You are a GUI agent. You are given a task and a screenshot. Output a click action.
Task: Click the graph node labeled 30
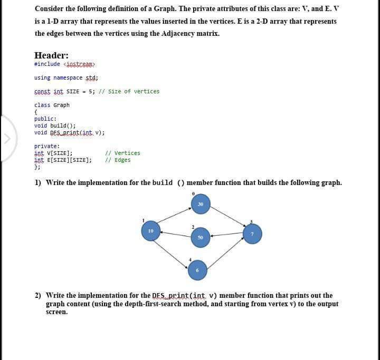pos(201,205)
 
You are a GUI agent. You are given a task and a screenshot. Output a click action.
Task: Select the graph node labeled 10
pos(151,231)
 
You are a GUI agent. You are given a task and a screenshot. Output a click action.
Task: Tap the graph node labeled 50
pos(201,238)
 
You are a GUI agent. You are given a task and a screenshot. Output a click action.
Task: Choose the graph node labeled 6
pos(198,270)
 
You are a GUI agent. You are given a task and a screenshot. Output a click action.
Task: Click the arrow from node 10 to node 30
pos(174,217)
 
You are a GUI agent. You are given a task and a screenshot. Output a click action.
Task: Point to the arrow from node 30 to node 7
pos(227,218)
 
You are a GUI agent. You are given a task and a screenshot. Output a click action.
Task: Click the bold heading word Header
pos(51,56)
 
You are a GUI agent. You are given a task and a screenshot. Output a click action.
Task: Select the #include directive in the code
pos(47,64)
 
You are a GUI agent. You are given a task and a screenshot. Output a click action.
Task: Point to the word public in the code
pos(45,119)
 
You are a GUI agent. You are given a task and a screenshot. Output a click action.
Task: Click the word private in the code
pos(46,146)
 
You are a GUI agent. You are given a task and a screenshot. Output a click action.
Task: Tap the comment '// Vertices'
pos(122,153)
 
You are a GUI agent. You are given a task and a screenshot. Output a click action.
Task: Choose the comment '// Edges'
pos(118,160)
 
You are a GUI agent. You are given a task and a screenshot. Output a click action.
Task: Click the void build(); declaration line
pos(55,125)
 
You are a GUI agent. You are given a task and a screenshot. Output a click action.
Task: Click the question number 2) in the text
pos(38,296)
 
